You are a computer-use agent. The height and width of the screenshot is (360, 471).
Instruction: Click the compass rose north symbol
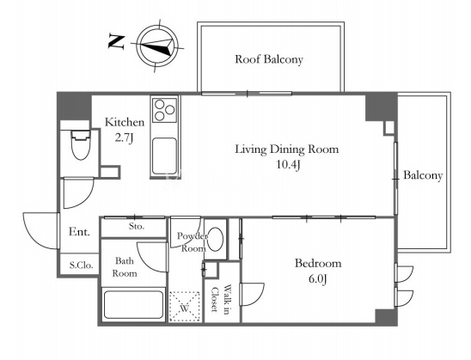pyautogui.click(x=156, y=46)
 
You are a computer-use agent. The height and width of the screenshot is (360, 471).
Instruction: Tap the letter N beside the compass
pyautogui.click(x=116, y=42)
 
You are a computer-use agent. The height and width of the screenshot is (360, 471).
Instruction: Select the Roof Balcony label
pyautogui.click(x=269, y=59)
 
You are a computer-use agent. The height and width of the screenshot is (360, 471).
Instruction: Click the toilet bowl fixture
pyautogui.click(x=80, y=144)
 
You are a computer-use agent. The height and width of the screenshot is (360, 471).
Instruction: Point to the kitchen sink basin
pyautogui.click(x=164, y=156)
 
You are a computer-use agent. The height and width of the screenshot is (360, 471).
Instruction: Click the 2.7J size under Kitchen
pyautogui.click(x=124, y=138)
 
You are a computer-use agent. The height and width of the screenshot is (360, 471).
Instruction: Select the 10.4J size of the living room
pyautogui.click(x=288, y=165)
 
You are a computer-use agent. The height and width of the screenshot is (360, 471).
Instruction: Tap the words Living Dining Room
pyautogui.click(x=286, y=149)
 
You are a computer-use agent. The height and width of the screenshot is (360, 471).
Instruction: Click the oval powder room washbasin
pyautogui.click(x=216, y=240)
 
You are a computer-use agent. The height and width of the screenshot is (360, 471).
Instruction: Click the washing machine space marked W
pyautogui.click(x=185, y=306)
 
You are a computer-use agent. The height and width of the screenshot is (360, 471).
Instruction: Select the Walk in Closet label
pyautogui.click(x=221, y=298)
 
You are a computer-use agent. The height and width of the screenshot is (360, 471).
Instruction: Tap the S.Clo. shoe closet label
pyautogui.click(x=81, y=265)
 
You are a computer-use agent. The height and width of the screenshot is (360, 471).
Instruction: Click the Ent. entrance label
pyautogui.click(x=79, y=232)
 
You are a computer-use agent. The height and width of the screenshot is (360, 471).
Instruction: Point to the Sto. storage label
pyautogui.click(x=137, y=226)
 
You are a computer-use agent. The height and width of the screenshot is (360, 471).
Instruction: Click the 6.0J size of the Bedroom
pyautogui.click(x=317, y=279)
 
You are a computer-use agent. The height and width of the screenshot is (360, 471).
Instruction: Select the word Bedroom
pyautogui.click(x=318, y=263)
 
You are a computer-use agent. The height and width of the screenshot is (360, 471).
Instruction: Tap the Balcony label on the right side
pyautogui.click(x=423, y=175)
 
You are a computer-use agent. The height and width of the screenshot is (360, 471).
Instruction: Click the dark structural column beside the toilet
pyautogui.click(x=74, y=107)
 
